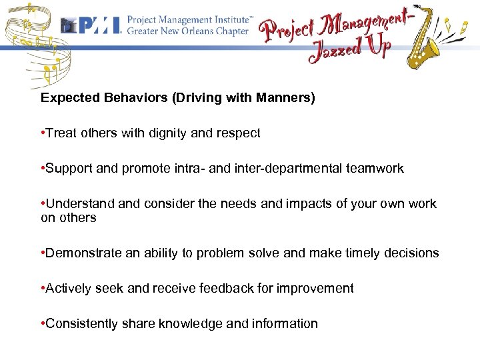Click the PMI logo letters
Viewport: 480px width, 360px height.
99,25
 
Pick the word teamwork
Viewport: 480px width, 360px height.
375,169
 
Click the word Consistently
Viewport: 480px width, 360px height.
77,324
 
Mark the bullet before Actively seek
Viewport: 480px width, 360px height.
43,289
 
